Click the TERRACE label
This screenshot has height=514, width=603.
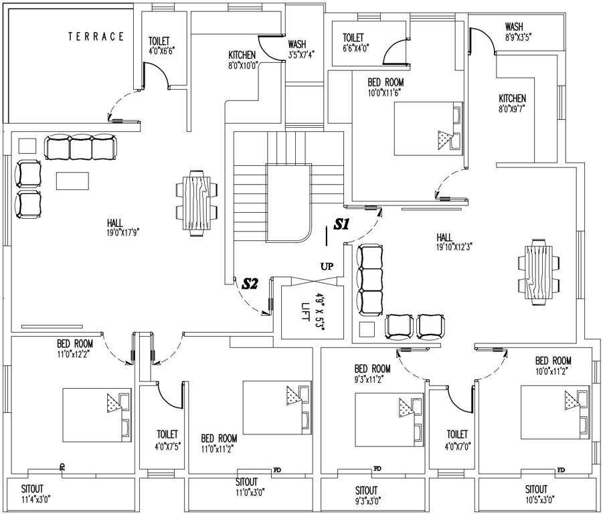(x=96, y=37)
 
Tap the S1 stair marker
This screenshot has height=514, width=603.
(x=342, y=225)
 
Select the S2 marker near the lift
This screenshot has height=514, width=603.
(x=250, y=284)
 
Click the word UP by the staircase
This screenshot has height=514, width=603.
(x=327, y=266)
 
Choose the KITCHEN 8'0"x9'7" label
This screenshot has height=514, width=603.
(x=512, y=102)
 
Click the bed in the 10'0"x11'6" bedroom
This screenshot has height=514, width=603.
(x=428, y=128)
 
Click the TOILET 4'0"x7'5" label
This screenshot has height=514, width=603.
(x=167, y=439)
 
